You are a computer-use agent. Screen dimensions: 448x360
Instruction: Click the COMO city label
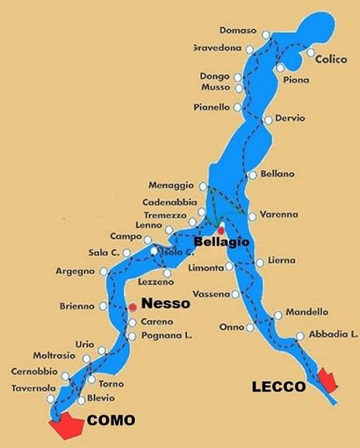(111, 420)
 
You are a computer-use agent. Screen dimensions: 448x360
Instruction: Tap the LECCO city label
(278, 386)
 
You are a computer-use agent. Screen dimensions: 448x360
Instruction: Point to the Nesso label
(165, 304)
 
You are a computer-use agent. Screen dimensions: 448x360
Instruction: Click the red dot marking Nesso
(133, 307)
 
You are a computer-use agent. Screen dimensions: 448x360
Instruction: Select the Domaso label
(238, 31)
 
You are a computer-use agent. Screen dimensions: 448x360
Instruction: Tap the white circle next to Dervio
(268, 120)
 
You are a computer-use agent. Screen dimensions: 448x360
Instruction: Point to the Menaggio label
(170, 185)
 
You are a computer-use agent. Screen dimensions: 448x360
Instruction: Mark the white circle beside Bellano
(252, 174)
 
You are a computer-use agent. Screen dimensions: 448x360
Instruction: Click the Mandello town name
(307, 311)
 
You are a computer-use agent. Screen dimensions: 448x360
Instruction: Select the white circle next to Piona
(281, 68)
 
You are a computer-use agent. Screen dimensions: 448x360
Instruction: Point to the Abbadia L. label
(332, 333)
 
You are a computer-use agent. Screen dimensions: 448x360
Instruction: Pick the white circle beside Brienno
(101, 306)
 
